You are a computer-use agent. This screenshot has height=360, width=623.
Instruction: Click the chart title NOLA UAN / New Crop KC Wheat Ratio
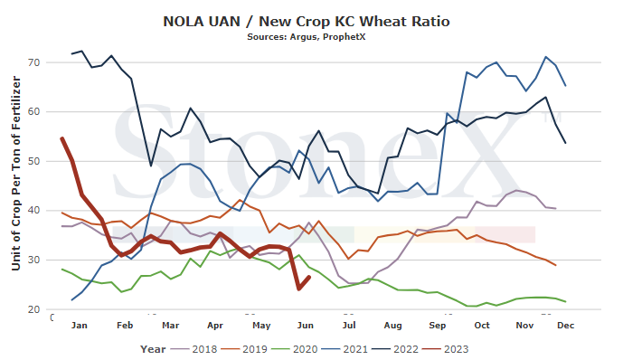[x=307, y=21]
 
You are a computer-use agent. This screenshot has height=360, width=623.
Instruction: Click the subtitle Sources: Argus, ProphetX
[x=307, y=37]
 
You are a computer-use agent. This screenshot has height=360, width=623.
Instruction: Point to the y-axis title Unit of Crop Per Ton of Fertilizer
[x=16, y=174]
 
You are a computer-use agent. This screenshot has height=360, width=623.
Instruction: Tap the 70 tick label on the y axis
[x=33, y=62]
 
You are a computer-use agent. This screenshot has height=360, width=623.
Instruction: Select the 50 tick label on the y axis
[x=33, y=161]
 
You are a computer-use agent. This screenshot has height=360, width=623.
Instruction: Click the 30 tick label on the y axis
[x=33, y=260]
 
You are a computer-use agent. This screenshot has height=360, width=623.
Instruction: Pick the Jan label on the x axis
[x=79, y=326]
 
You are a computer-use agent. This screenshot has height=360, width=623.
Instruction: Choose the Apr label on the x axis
[x=215, y=326]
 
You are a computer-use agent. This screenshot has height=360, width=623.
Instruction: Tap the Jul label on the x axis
[x=349, y=326]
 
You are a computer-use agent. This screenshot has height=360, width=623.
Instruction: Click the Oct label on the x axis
[x=482, y=326]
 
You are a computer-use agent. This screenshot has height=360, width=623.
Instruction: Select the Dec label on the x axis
[x=566, y=326]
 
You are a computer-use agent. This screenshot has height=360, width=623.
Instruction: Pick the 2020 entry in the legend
[x=295, y=349]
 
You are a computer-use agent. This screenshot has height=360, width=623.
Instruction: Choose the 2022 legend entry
[x=395, y=349]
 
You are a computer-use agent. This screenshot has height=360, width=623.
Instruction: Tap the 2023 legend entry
[x=446, y=349]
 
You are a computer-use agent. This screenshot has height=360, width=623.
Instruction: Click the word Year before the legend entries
[x=153, y=349]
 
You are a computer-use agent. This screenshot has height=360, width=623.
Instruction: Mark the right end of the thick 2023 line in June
[x=309, y=277]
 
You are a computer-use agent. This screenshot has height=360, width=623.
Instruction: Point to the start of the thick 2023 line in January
[x=62, y=138]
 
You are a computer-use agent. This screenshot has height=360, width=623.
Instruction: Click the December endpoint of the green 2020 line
[x=565, y=301]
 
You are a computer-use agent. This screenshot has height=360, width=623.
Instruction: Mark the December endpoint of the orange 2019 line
[x=555, y=265]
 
